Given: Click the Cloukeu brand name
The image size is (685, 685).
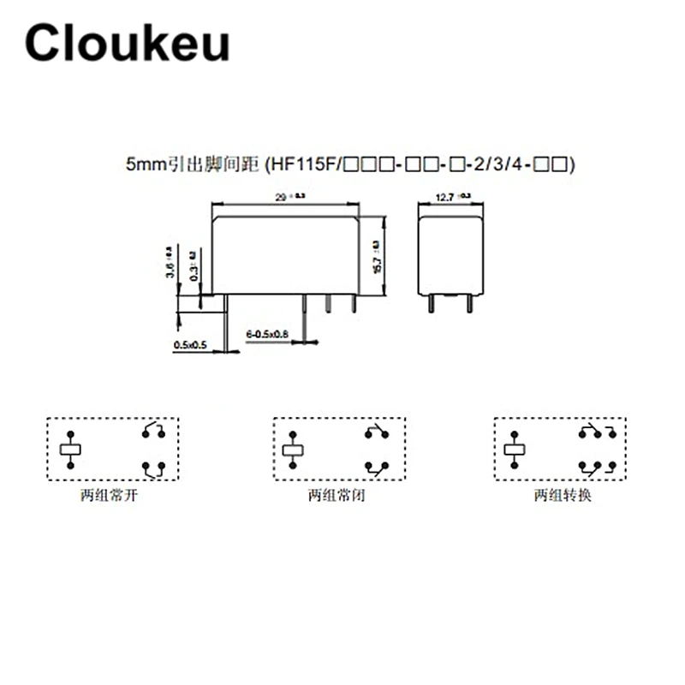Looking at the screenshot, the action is coord(127,43).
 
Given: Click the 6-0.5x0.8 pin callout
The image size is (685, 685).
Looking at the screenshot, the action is coord(268,332).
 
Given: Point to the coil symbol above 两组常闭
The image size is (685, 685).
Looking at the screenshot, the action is coord(294,449).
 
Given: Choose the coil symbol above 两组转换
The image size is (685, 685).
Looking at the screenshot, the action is coord(516,449).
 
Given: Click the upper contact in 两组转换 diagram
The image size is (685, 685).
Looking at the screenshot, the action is coord(597,431).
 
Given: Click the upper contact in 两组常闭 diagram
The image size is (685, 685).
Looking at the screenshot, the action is coord(377,431).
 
